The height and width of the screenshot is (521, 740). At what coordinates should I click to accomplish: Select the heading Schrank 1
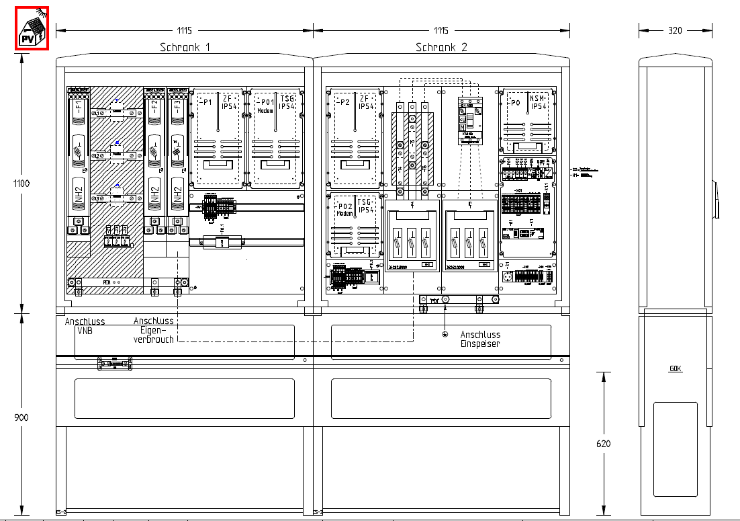point(185,47)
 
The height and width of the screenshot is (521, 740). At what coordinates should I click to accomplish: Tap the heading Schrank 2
point(441,47)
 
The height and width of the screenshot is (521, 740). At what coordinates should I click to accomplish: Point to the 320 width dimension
point(676,30)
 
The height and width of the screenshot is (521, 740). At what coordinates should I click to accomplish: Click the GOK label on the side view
point(676,369)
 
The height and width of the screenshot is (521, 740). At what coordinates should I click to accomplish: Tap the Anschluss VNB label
point(85,326)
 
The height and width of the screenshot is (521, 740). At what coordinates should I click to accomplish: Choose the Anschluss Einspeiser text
point(480,339)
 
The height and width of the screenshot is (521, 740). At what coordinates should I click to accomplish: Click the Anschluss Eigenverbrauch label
point(154,330)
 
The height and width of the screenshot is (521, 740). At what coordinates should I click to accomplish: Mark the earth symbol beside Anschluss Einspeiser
point(444,334)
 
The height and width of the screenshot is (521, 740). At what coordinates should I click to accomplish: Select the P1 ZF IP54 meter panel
point(217,138)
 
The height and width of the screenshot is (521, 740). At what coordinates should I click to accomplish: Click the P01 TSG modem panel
point(275,138)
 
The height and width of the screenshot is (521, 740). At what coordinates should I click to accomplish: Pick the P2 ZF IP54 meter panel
point(354,138)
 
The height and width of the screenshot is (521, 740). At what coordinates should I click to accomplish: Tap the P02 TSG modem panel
point(354,225)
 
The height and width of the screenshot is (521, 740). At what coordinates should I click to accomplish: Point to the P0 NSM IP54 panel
point(528,121)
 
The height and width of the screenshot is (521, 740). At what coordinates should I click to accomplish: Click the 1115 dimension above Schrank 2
point(441,30)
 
